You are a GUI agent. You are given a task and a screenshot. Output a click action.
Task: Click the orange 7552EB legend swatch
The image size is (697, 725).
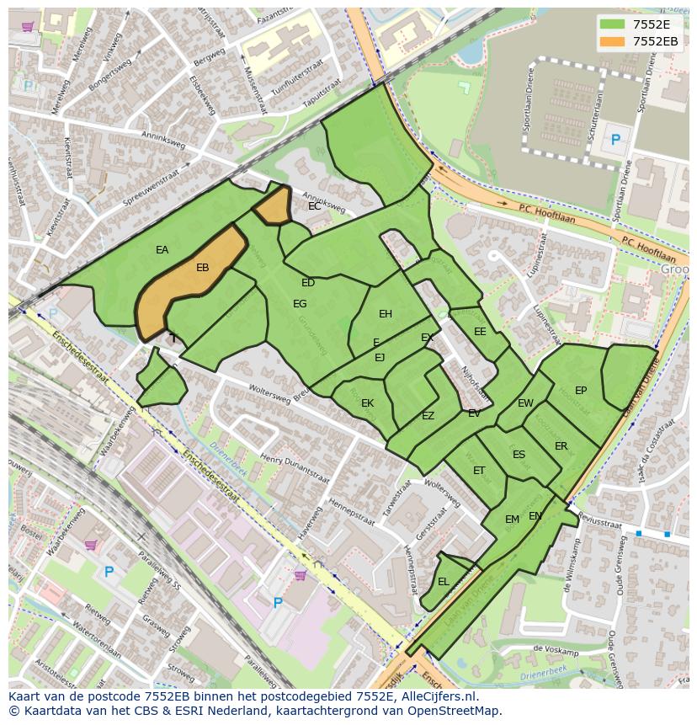613,41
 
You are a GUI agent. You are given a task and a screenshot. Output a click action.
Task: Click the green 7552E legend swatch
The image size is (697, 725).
613,24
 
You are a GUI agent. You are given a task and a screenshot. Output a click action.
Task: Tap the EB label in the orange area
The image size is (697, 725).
202,268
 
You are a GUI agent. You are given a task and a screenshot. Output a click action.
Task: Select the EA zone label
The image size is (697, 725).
162,250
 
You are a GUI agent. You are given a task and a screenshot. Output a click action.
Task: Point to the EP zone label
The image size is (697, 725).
581,391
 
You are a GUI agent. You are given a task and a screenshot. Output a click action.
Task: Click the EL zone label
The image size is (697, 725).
443,582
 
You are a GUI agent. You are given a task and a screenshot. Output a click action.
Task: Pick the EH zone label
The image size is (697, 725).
386,314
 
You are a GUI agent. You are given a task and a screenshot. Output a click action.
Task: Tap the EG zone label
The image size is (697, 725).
300,304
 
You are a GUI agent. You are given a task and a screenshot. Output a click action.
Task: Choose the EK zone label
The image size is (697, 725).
367,403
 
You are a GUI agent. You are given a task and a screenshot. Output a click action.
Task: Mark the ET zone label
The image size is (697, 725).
479,471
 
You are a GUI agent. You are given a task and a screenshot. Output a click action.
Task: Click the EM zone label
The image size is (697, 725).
512,520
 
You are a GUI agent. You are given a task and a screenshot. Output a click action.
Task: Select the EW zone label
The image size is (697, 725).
525,403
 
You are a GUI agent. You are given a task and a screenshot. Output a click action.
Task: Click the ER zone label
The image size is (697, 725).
561,446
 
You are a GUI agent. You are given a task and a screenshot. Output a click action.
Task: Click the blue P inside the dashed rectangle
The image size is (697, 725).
615,141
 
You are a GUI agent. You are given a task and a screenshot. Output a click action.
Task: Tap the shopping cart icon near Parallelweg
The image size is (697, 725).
90,545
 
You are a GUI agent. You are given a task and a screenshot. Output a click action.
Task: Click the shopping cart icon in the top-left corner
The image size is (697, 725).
28,27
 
